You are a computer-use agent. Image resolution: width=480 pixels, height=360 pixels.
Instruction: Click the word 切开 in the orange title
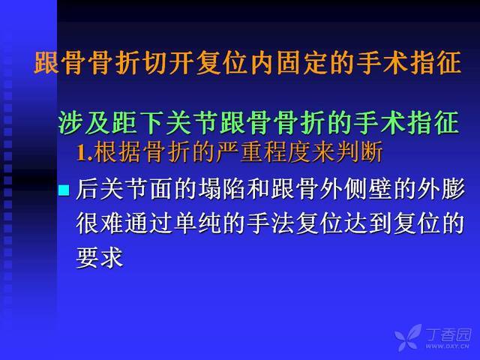166,63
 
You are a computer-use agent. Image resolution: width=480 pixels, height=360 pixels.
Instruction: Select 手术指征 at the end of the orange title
407,63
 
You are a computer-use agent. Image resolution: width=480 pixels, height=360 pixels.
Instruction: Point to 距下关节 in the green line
164,123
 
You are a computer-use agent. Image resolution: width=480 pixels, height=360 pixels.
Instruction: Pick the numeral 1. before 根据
85,152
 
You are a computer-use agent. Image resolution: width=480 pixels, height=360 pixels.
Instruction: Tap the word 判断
358,151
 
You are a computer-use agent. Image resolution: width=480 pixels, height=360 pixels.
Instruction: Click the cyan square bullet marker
64,190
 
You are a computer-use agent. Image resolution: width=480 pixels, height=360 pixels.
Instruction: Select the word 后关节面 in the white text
124,189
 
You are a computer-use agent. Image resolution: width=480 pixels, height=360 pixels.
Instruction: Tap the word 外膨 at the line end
441,189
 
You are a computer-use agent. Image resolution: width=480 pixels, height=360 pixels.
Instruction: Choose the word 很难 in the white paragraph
100,223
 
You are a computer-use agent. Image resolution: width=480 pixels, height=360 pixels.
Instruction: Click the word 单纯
197,223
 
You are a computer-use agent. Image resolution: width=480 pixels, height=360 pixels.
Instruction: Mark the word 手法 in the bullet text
271,223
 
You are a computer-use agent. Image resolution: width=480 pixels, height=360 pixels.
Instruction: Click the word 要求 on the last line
100,258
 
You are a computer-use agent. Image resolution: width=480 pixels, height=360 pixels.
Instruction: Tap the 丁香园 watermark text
448,335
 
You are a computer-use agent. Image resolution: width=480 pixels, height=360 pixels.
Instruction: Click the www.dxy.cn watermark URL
447,346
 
